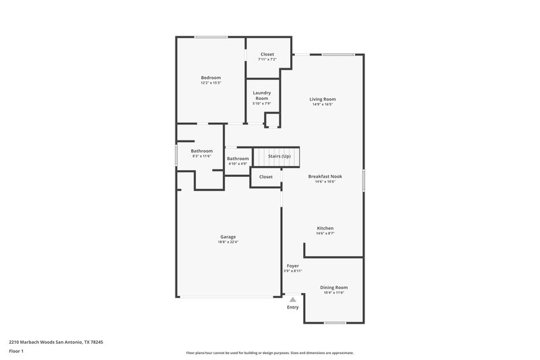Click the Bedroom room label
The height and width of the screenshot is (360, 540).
211,78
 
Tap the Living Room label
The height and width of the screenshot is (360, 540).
323,99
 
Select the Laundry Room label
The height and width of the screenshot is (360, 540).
262,95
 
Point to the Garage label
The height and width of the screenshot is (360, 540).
228,237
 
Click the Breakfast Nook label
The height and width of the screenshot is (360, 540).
325,176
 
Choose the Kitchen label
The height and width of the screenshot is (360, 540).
325,228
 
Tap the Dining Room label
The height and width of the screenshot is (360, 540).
333,287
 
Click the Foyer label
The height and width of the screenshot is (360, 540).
292,266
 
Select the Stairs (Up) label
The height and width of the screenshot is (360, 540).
279,156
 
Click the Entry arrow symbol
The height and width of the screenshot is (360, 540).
292,298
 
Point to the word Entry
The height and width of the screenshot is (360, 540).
292,307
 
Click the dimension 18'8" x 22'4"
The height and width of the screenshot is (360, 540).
228,242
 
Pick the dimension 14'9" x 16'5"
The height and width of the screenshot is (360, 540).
323,104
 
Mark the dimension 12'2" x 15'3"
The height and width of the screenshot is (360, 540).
211,82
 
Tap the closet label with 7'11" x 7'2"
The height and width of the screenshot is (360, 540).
267,54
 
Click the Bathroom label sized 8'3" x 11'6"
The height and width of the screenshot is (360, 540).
201,151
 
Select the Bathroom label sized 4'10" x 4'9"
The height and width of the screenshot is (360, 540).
238,159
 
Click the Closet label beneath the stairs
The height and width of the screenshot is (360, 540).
266,177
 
